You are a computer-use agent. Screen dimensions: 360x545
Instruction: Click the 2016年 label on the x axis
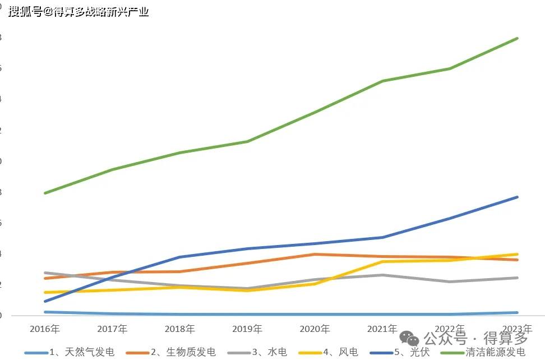(x=45, y=329)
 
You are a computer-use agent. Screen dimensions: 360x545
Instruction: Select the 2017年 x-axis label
(x=112, y=329)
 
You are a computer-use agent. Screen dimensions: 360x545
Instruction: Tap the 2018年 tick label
(x=180, y=329)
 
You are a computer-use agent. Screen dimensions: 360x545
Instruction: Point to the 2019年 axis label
(x=247, y=329)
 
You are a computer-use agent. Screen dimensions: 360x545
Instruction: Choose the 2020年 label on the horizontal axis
(x=315, y=329)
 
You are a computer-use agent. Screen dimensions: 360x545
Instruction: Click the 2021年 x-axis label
(x=382, y=329)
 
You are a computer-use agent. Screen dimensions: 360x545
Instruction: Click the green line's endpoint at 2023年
(x=517, y=38)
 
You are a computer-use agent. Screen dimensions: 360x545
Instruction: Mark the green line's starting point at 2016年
(x=45, y=193)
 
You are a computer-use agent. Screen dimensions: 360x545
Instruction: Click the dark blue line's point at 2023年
(x=517, y=197)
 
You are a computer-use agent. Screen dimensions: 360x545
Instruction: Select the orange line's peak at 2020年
(x=315, y=254)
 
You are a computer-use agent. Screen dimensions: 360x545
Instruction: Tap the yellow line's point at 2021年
(x=382, y=261)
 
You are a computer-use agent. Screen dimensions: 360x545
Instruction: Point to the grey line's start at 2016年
(x=45, y=273)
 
